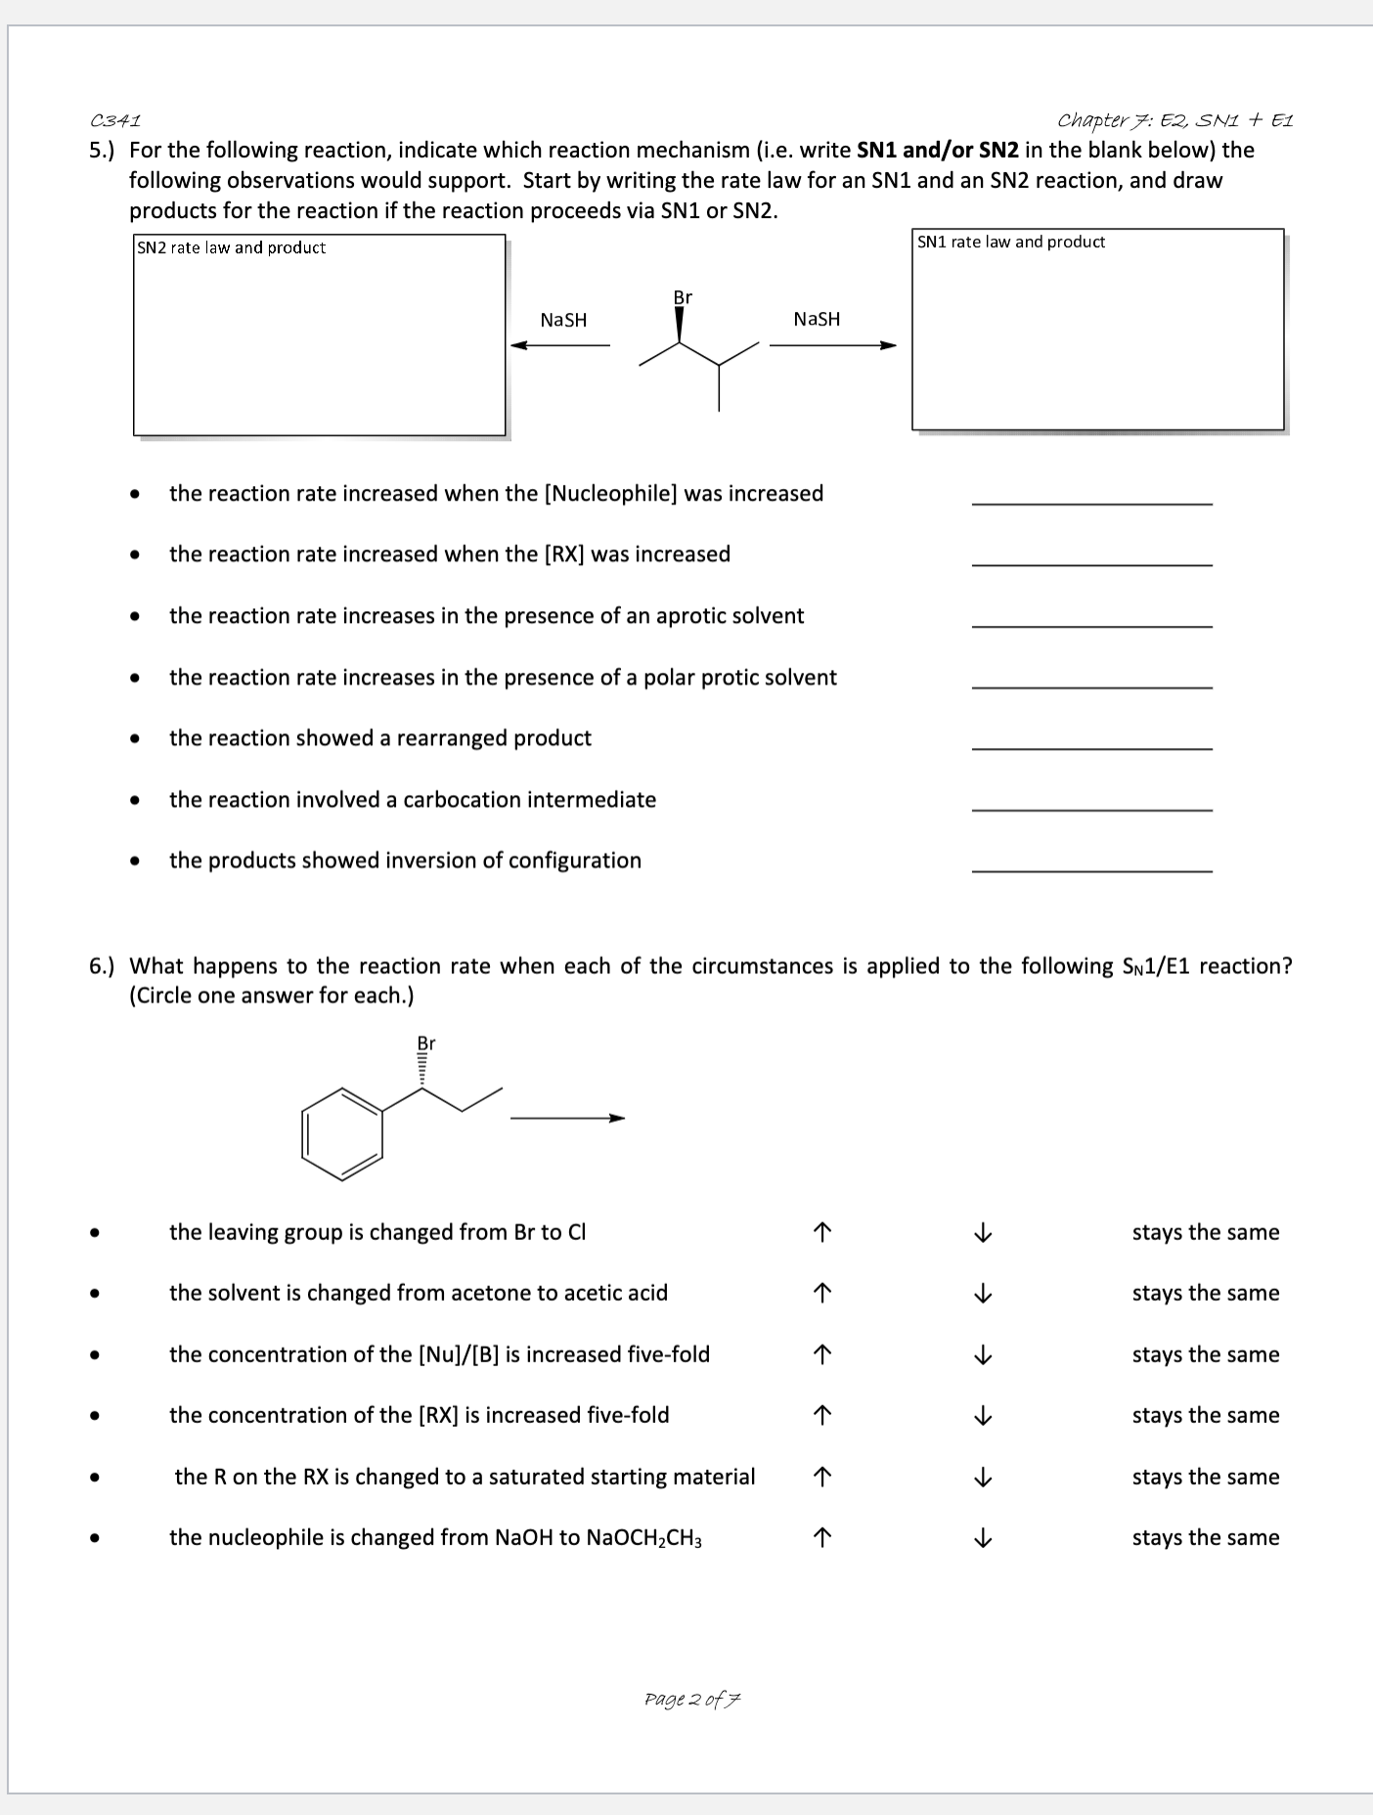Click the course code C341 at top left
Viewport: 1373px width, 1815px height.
(115, 121)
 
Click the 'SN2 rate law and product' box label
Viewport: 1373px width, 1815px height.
(231, 248)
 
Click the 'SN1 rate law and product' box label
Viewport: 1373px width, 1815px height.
(1010, 243)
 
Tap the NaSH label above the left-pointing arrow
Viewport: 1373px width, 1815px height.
(563, 321)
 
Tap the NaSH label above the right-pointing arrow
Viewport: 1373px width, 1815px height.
(817, 320)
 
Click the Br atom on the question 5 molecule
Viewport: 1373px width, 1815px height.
(682, 297)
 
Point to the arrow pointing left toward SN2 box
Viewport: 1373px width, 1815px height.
(559, 345)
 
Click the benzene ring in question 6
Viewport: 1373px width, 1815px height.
(342, 1133)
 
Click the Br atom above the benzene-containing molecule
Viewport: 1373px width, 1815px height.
(425, 1043)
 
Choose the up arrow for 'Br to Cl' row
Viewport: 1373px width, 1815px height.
(822, 1233)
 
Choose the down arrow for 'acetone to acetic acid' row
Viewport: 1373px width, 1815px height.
(984, 1294)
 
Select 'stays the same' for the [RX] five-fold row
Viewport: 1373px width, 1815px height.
(1205, 1416)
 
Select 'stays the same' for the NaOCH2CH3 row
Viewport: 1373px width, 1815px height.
(1205, 1538)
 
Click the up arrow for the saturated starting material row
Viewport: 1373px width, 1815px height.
(822, 1478)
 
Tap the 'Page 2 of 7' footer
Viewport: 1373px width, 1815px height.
(692, 1699)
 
